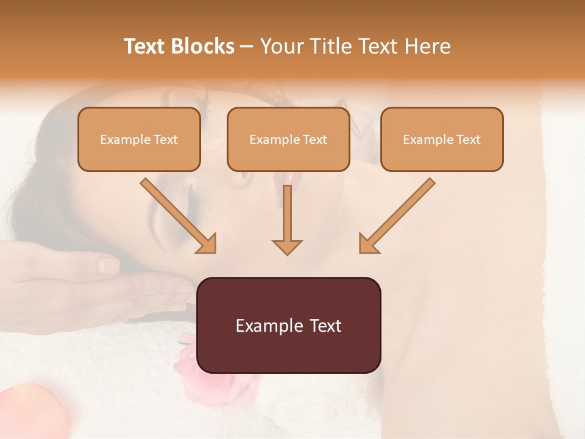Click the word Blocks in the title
click(204, 46)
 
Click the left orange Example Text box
click(139, 139)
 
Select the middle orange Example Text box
click(288, 139)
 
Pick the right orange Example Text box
click(442, 139)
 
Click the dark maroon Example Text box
click(289, 325)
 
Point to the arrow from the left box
click(179, 216)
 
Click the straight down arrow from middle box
click(287, 220)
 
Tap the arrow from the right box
click(397, 216)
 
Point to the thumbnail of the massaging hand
click(108, 265)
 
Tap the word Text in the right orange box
click(468, 140)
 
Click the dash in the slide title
click(247, 46)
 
